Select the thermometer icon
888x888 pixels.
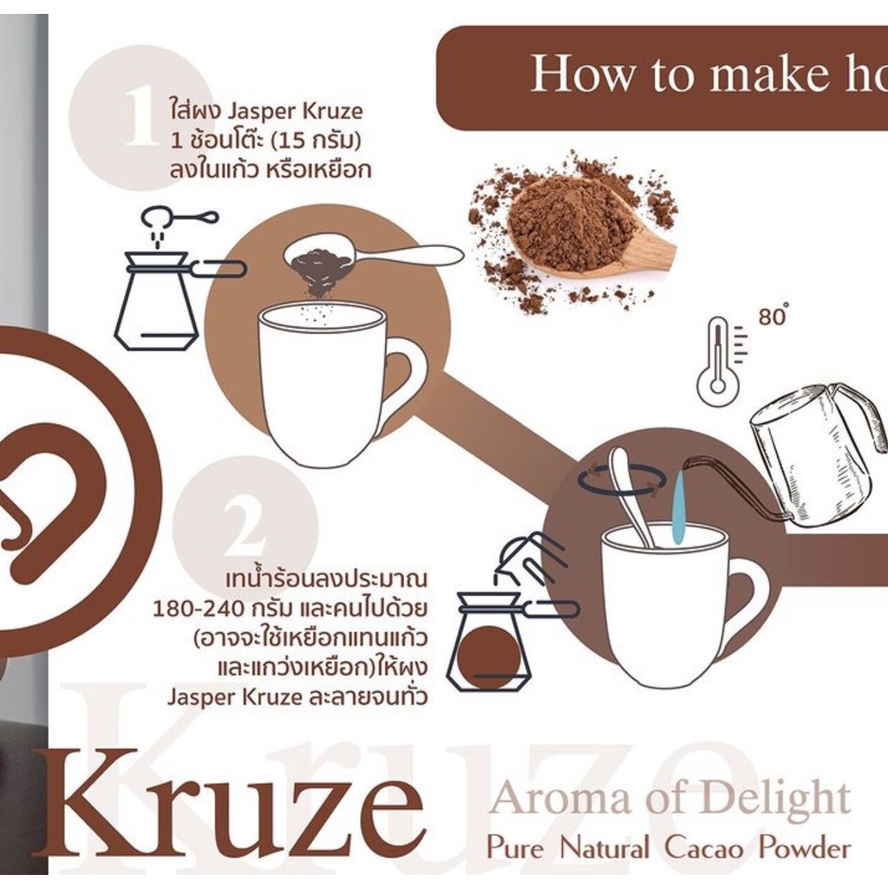click(x=719, y=362)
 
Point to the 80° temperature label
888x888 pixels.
click(x=774, y=316)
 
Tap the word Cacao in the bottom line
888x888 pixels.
click(x=703, y=847)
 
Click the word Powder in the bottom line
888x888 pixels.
click(x=801, y=847)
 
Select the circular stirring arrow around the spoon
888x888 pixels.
click(x=622, y=480)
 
